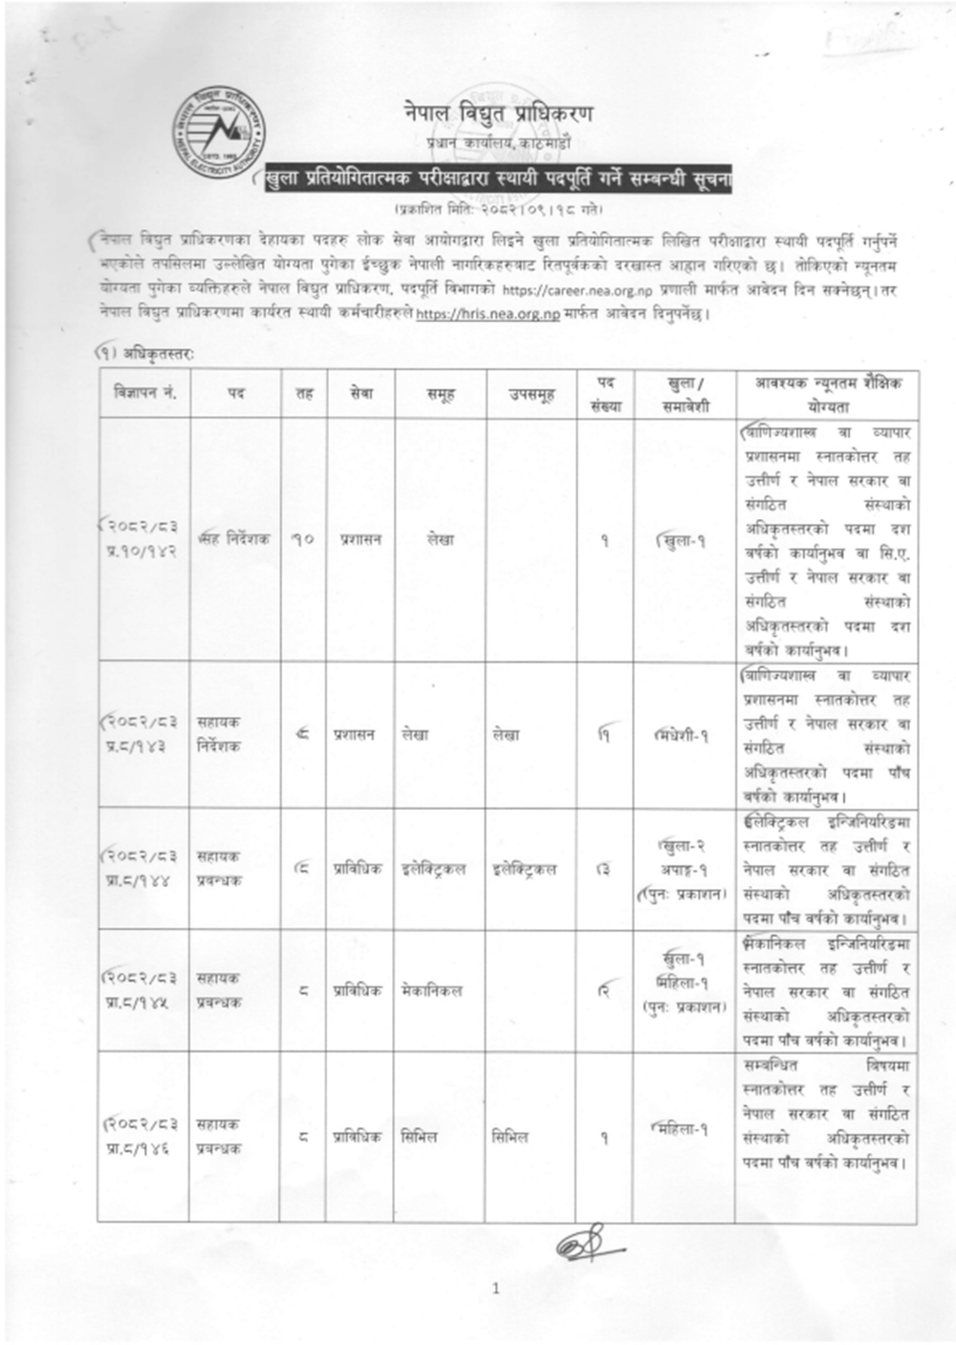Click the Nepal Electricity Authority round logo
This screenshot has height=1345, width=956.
click(217, 130)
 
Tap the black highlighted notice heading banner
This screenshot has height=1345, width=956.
click(498, 179)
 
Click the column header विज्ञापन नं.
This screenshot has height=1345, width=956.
click(144, 393)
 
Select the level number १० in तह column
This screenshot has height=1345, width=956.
click(303, 539)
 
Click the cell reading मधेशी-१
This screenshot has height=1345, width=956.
click(683, 735)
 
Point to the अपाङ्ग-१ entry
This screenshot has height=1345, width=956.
click(684, 870)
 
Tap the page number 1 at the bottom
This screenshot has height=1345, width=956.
click(495, 1289)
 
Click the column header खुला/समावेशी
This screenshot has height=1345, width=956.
click(684, 393)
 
